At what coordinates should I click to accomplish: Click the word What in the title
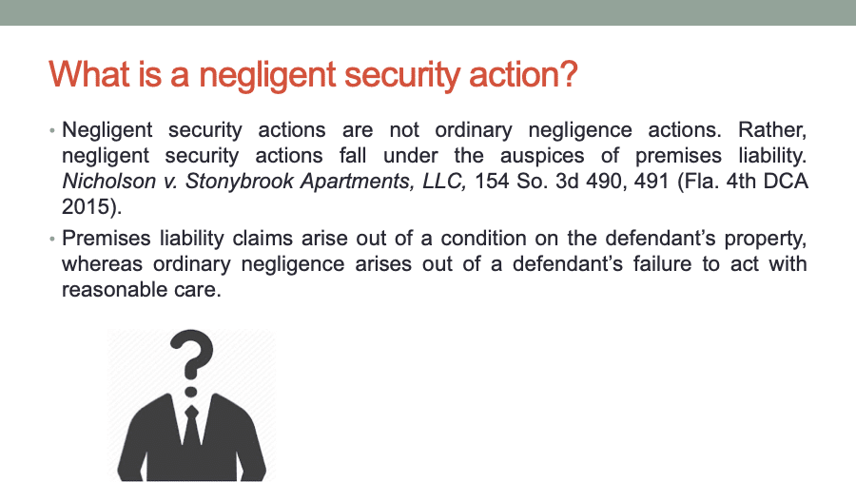[x=89, y=74]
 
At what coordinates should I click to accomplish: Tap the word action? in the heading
[x=523, y=74]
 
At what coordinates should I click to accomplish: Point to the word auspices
[x=542, y=157]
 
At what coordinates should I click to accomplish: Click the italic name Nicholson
[x=108, y=182]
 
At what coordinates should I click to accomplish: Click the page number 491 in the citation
[x=652, y=182]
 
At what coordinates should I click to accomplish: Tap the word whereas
[x=102, y=264]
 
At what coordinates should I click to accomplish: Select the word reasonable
[x=112, y=290]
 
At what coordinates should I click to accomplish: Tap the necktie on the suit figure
[x=191, y=428]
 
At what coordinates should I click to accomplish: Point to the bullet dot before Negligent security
[x=52, y=131]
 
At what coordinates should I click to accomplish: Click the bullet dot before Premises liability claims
[x=52, y=239]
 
